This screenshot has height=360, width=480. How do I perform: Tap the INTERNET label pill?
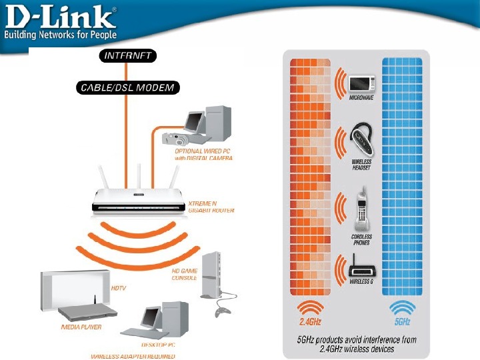point(129,55)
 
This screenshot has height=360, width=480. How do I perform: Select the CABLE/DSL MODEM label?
point(127,87)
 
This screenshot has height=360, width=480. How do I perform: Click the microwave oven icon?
point(362,83)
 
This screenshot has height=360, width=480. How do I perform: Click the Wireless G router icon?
point(361,267)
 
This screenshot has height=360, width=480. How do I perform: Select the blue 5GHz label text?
point(401,323)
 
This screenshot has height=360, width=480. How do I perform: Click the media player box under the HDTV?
point(86,312)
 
